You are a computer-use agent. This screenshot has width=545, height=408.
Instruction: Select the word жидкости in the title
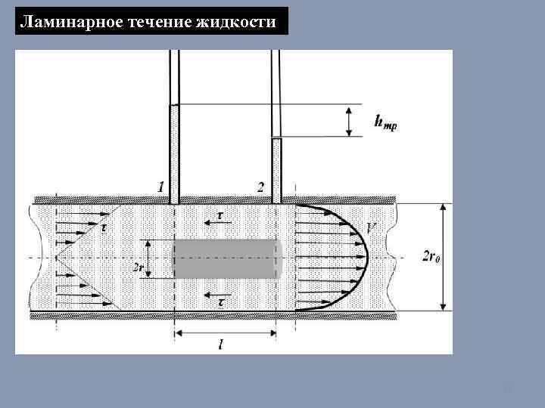(x=240, y=22)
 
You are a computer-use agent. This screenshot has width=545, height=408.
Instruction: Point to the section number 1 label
(x=160, y=187)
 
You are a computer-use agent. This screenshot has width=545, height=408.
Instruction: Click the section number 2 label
(x=260, y=187)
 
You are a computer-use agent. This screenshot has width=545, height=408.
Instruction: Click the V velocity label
(x=372, y=228)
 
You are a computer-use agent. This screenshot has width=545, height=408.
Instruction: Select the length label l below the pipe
(x=220, y=345)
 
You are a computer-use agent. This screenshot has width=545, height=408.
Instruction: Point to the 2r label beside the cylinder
(x=139, y=267)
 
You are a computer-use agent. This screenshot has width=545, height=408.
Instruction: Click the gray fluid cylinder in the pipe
(x=227, y=258)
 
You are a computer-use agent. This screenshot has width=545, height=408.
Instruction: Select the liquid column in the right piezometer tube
(x=276, y=170)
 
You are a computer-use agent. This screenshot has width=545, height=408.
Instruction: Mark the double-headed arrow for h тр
(x=349, y=121)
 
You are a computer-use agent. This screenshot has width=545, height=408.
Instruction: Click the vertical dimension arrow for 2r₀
(x=444, y=256)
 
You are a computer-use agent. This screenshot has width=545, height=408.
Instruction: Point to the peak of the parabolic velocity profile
(x=367, y=257)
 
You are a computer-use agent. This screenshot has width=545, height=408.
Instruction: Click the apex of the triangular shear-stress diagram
(x=58, y=257)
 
